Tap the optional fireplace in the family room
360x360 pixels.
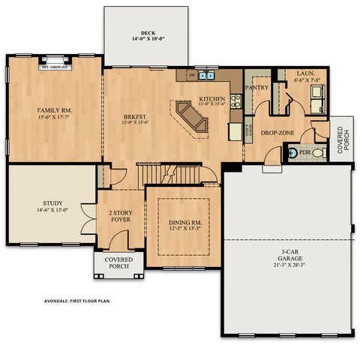click(55, 64)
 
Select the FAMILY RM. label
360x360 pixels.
click(54, 110)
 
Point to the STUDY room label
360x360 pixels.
click(52, 202)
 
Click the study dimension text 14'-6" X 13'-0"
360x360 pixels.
click(52, 211)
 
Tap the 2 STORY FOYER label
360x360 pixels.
click(120, 217)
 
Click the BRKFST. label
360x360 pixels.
click(136, 116)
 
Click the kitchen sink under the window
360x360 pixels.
click(207, 76)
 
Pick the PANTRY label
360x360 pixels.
click(256, 87)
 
